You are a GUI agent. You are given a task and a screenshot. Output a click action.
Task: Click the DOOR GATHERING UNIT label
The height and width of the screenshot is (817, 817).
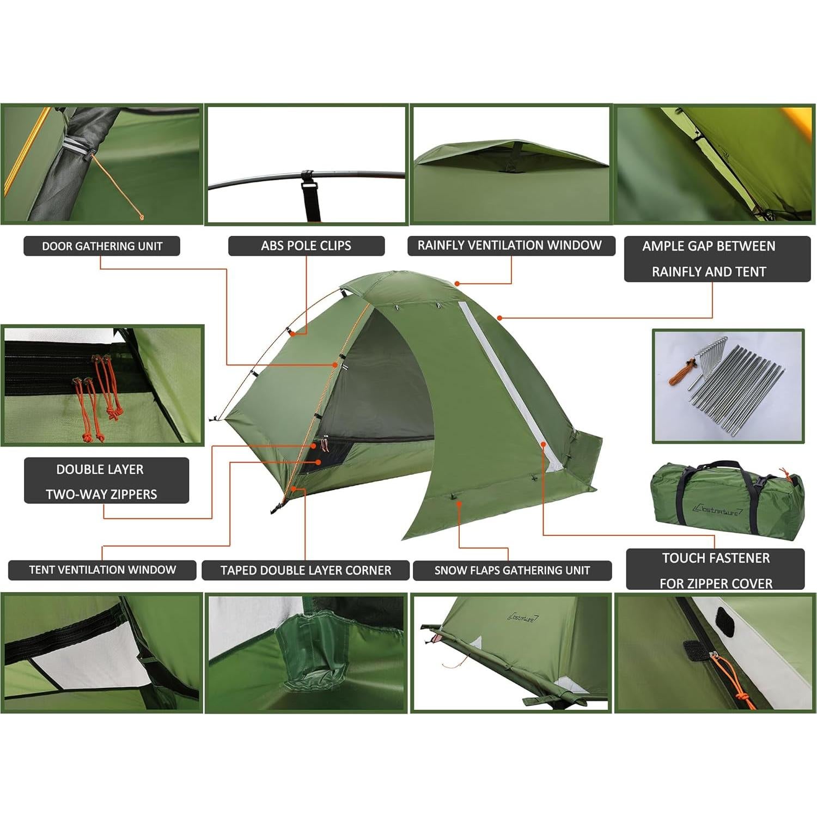pos(102,246)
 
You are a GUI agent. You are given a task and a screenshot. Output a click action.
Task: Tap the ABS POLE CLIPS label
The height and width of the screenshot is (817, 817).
pos(306,246)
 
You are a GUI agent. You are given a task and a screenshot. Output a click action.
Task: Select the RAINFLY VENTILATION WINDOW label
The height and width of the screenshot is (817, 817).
pos(510,246)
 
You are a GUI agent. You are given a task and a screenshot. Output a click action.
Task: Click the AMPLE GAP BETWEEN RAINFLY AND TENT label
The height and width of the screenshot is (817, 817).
pos(717,259)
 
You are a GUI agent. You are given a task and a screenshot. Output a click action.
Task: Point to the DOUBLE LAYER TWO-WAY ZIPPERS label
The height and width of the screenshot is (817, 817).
pos(106,481)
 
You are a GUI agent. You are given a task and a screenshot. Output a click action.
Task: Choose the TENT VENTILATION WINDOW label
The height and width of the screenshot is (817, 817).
pos(102,570)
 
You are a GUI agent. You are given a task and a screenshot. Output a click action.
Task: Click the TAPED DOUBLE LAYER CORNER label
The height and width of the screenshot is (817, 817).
pos(306,571)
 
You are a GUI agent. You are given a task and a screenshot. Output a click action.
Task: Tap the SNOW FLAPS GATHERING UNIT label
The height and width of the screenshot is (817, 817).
pos(512,571)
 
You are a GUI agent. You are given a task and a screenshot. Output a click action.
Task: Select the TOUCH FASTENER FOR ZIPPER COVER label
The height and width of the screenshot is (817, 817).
pos(715,570)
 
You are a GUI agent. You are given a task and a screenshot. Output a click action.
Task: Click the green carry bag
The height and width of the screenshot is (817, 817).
pos(727,498)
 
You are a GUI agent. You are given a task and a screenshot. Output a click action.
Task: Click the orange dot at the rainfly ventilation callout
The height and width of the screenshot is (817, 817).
pos(458,284)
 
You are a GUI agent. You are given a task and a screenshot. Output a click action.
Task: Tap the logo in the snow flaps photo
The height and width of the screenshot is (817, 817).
pos(522,618)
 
